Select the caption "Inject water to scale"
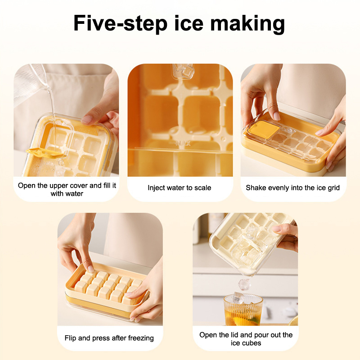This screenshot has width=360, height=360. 179,188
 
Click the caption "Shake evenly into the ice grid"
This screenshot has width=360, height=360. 293,188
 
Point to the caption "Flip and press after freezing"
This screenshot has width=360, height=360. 109,338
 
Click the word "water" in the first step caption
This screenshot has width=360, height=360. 74,193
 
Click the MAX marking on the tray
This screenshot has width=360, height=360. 183,144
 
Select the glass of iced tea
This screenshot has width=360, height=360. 243,310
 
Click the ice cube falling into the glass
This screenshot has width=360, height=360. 244,284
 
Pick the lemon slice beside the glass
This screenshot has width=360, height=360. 294,321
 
